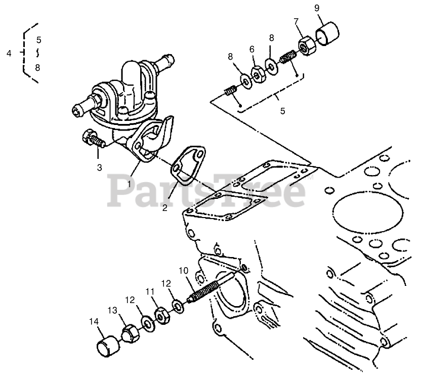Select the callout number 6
pos(251,49)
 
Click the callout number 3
pos(100,166)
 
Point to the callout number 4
pos(9,53)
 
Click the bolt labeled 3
pos(91,138)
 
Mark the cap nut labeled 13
pos(130,333)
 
